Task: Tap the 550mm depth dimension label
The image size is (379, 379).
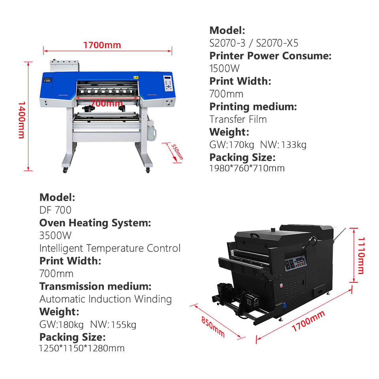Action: [177, 152]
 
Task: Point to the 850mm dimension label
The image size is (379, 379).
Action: [213, 327]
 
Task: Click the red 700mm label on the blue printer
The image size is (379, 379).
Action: [106, 104]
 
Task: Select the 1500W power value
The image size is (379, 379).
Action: [224, 68]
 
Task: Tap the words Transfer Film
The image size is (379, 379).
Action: [238, 119]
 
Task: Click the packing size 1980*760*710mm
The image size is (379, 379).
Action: [247, 168]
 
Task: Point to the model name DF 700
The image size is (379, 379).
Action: [55, 210]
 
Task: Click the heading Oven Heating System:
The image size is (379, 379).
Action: [95, 223]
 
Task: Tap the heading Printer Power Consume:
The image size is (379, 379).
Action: [270, 56]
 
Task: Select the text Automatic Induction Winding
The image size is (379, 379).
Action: [105, 299]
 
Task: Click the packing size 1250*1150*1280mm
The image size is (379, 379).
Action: [82, 348]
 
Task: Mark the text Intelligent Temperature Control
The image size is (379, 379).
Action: [110, 248]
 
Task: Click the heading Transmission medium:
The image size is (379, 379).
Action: [95, 286]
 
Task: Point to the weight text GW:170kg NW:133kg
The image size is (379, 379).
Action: [258, 144]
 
